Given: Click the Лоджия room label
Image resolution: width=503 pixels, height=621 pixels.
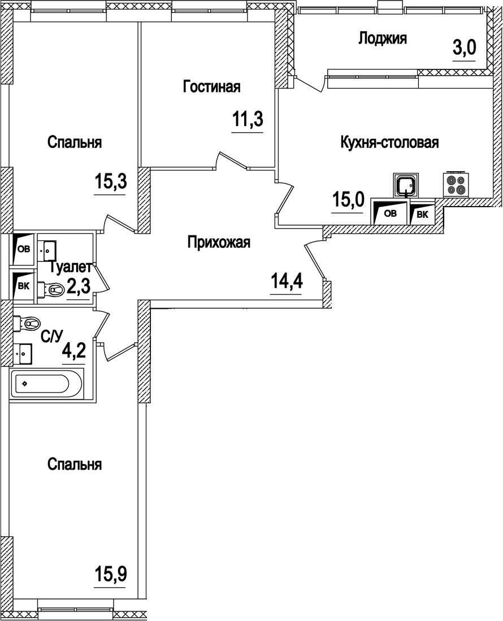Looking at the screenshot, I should pyautogui.click(x=383, y=39).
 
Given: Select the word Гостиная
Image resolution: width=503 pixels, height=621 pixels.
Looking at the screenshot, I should pyautogui.click(x=212, y=87).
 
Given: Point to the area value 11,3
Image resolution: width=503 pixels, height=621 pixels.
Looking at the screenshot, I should pyautogui.click(x=248, y=120).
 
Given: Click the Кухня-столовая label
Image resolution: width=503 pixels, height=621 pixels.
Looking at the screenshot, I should pyautogui.click(x=389, y=142).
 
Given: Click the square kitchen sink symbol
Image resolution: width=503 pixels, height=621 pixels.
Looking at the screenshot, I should pyautogui.click(x=405, y=186).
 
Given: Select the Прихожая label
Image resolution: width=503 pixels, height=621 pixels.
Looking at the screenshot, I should pyautogui.click(x=219, y=243).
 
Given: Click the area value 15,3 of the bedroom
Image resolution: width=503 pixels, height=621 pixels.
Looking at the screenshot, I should pyautogui.click(x=110, y=182).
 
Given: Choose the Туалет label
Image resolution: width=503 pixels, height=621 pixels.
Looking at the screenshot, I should pyautogui.click(x=70, y=267).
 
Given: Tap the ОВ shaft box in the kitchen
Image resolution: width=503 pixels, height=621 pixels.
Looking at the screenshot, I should pyautogui.click(x=389, y=213).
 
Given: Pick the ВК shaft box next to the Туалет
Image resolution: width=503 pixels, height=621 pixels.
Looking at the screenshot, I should pyautogui.click(x=23, y=285).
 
